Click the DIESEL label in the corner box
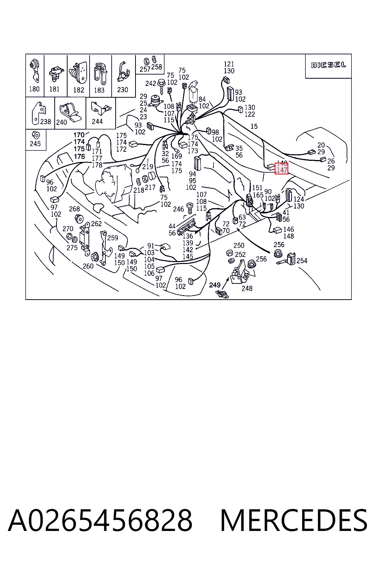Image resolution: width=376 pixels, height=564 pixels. click(328, 65)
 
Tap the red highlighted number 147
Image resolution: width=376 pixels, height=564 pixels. click(281, 170)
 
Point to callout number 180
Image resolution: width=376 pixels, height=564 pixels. click(34, 89)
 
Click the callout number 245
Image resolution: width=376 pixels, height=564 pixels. click(35, 144)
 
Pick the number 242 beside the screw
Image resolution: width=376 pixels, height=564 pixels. click(151, 83)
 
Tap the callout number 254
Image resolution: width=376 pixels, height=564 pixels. click(302, 261)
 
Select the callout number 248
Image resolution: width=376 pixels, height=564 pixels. click(247, 288)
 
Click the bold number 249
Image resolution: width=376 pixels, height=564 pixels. click(214, 285)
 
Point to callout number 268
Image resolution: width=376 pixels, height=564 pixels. click(75, 209)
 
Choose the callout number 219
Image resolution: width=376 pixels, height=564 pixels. click(148, 166)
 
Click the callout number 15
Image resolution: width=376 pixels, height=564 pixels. click(254, 126)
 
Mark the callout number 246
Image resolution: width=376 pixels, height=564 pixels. click(178, 209)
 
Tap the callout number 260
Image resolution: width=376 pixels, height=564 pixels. click(88, 266)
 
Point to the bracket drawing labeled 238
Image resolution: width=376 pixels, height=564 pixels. click(38, 113)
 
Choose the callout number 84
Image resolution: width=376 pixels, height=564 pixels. click(202, 99)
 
